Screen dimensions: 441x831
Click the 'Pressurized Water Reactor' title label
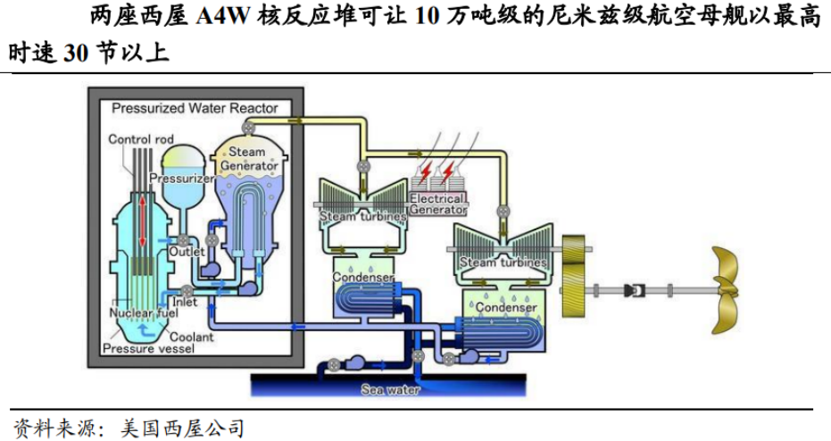[195, 108]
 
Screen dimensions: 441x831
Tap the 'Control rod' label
[140, 139]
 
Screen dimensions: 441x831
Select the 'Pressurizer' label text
[181, 179]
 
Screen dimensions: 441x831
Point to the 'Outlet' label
[187, 253]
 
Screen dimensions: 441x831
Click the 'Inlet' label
[185, 304]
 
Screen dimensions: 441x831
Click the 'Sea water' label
[389, 389]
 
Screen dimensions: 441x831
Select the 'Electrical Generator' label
[437, 204]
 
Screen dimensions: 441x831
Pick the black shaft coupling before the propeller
[636, 290]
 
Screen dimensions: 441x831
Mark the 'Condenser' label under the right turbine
[506, 308]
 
